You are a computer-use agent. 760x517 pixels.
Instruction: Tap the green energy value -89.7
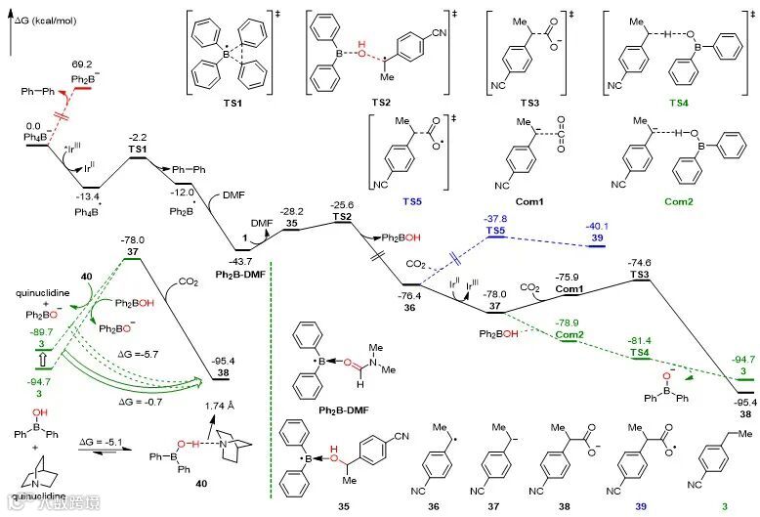[36, 333]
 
